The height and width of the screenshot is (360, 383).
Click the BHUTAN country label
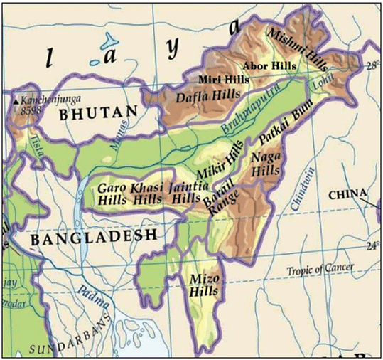[x=97, y=112]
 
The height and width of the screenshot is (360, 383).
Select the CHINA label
[x=347, y=194]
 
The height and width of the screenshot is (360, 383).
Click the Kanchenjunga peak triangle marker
[x=16, y=101]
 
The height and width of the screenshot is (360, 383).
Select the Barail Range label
[x=220, y=197]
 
